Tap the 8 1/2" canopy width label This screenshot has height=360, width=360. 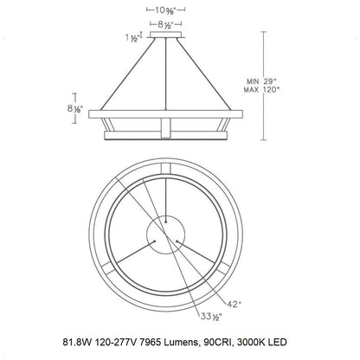165,25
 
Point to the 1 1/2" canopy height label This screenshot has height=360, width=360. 132,38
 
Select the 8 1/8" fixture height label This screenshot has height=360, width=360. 75,109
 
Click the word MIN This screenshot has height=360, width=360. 253,81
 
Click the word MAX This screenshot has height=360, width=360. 251,90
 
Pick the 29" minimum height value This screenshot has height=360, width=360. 270,81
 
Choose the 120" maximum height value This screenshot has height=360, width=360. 272,89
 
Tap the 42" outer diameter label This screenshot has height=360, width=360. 234,304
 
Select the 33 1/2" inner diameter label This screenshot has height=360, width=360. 211,317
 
